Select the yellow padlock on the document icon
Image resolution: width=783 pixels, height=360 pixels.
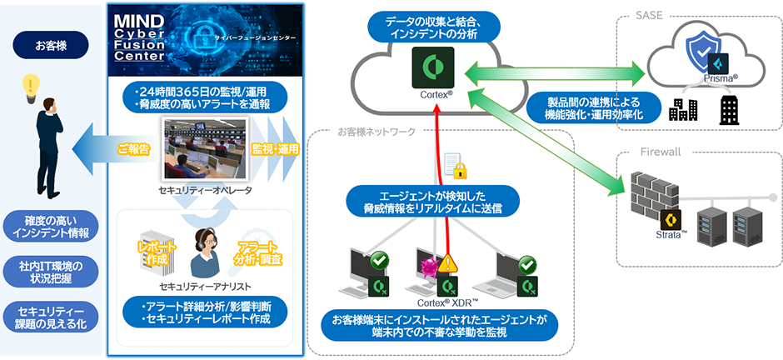459,170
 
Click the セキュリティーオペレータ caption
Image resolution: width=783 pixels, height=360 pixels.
205,191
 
